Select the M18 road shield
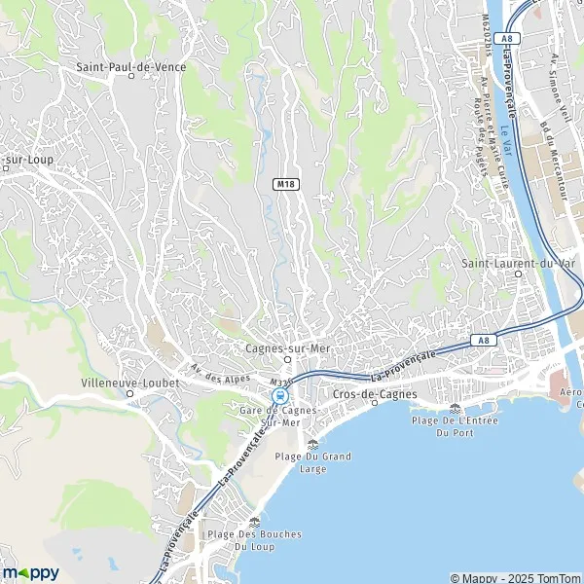285,183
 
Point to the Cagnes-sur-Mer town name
288,346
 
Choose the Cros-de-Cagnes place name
375,393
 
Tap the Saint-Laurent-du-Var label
518,262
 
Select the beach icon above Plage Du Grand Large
312,444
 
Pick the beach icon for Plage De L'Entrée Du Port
456,408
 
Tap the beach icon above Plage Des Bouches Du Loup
254,522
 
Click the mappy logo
31,572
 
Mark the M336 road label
281,383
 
